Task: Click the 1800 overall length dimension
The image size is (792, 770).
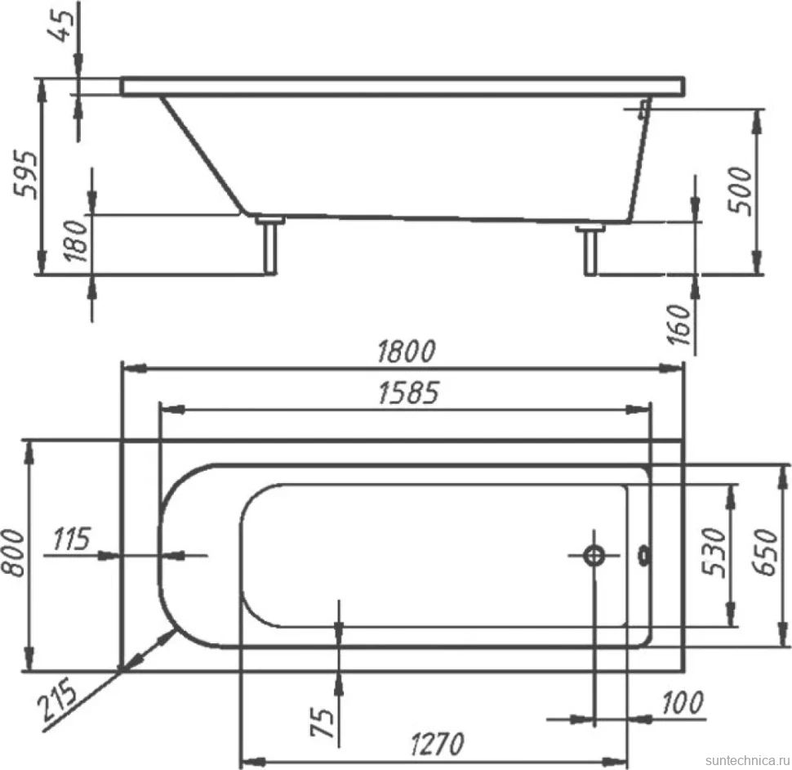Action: coord(406,351)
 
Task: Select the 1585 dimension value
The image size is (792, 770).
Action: coord(408,393)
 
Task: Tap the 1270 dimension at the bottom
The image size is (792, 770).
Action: coord(437,744)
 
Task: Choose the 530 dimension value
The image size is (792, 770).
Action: coord(714,552)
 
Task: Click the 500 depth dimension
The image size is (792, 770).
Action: coord(740,190)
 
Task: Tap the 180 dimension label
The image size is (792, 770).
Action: coord(76,240)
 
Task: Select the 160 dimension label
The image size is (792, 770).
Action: coord(679,324)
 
